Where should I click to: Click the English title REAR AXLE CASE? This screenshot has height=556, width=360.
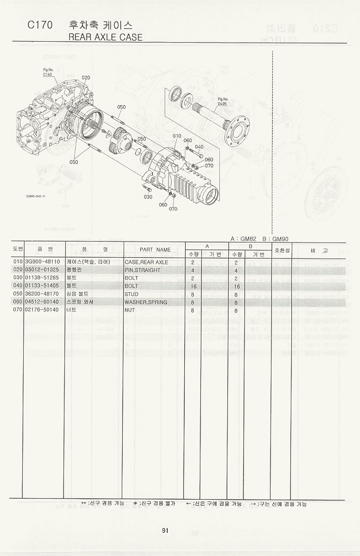pos(105,37)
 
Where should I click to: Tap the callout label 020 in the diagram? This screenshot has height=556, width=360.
pos(86,77)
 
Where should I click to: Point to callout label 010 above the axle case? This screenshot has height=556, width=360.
pos(177,136)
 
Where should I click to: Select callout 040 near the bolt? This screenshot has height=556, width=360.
pos(199,147)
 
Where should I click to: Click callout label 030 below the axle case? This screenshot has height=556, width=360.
pos(148,197)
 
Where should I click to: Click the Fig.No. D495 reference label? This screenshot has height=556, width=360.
pos(223,101)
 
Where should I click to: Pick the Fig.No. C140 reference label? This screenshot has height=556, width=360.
pos(48,72)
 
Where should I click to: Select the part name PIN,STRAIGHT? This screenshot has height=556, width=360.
pos(142,270)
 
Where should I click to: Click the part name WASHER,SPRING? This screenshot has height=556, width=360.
pos(146,302)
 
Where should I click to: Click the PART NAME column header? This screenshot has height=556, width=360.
pos(155,250)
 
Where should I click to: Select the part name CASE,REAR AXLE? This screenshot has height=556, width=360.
pos(146,262)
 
